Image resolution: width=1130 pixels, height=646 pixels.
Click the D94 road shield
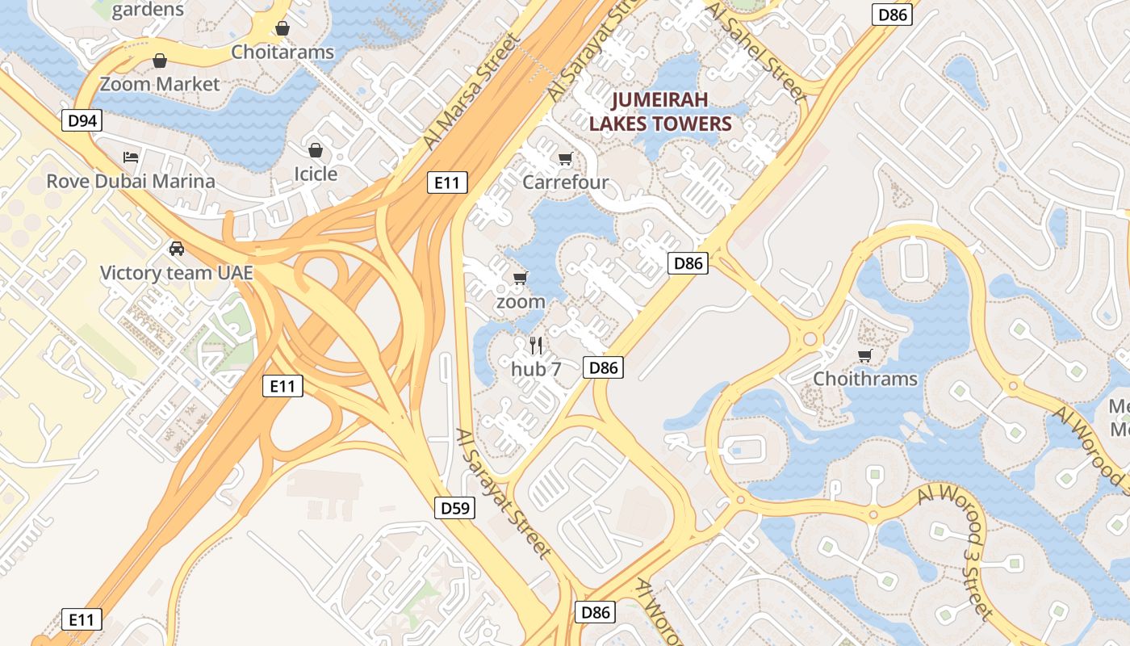pos(82,121)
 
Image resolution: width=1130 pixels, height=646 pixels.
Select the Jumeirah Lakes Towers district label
pos(659,111)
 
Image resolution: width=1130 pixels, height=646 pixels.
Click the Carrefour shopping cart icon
pos(565,158)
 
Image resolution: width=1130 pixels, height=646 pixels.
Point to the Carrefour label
pos(565,182)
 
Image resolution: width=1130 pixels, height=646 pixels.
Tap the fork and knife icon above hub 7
pos(536,345)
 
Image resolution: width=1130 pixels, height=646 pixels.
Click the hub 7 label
pos(536,369)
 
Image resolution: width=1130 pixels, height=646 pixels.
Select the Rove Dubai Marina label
pos(131,181)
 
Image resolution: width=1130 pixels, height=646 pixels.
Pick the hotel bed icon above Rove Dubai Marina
pos(131,157)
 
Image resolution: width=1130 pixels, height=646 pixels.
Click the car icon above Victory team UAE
pos(177,249)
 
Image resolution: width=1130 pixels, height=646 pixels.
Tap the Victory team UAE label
pos(177,273)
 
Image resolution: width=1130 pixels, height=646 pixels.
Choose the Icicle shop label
pos(316,174)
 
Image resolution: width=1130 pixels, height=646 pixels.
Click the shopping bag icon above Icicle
pos(316,150)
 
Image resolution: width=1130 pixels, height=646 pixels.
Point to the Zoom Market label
pos(160,84)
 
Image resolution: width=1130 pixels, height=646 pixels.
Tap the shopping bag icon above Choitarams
pos(282,29)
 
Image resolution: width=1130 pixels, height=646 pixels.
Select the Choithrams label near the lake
pos(865,379)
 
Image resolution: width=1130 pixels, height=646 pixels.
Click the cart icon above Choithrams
pos(865,355)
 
